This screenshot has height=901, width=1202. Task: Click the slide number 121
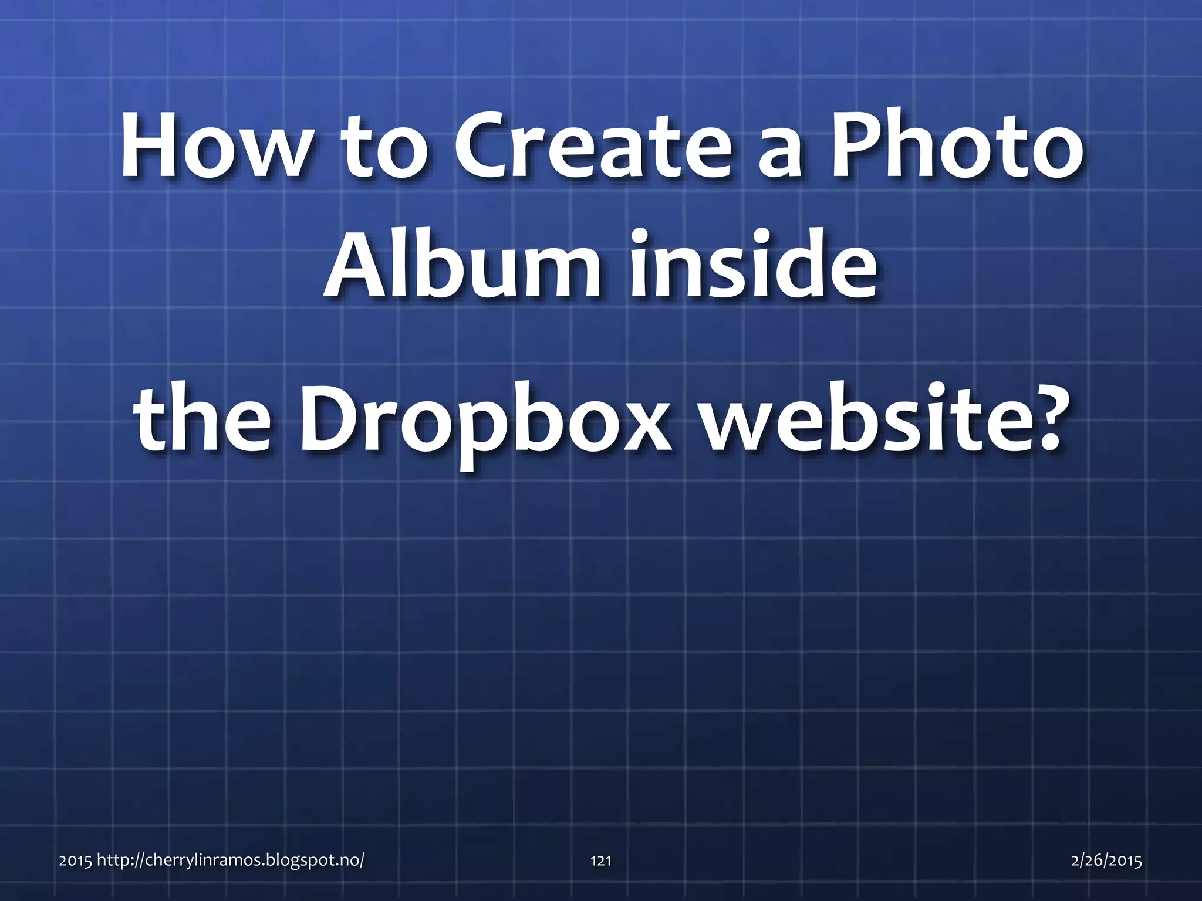(600, 861)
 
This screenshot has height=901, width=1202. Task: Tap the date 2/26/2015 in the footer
(1106, 861)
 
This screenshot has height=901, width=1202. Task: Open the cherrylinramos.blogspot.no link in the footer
(229, 861)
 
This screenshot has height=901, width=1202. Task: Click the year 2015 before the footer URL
(75, 861)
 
